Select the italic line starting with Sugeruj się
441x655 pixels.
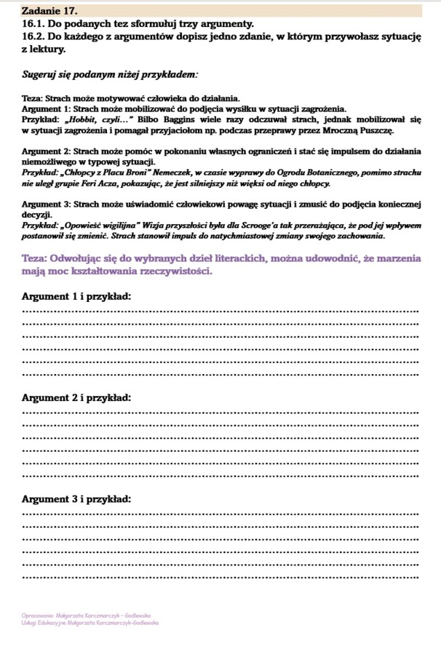(x=109, y=74)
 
